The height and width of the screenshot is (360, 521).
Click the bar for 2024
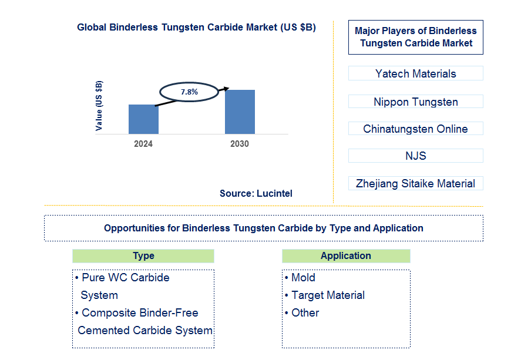143,119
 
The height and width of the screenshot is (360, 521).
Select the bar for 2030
240,112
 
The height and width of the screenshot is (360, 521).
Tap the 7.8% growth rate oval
189,92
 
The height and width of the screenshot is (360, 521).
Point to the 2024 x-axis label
143,144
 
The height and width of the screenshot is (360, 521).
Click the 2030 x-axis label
239,144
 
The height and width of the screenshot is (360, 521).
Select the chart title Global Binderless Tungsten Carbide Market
196,27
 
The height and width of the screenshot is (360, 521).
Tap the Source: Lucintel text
256,193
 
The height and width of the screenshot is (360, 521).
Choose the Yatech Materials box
415,73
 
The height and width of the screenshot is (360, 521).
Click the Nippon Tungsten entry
415,102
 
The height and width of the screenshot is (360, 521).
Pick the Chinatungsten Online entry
415,129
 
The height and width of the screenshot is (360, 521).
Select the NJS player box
415,156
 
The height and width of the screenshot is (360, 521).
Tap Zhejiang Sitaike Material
415,183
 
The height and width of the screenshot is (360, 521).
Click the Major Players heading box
415,37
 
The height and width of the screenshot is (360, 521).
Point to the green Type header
143,255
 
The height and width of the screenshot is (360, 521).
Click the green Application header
345,255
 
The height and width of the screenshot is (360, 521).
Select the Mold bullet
303,277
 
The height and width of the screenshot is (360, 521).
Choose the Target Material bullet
328,295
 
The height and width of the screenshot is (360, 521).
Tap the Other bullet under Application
305,312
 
